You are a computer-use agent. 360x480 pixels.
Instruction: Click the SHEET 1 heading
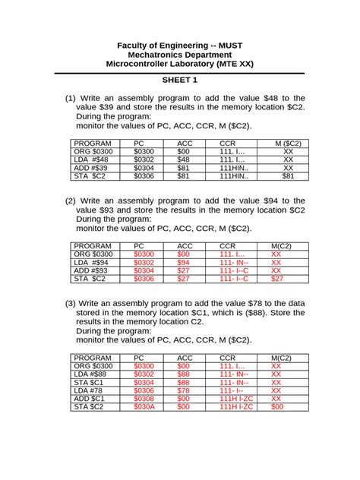[x=179, y=79]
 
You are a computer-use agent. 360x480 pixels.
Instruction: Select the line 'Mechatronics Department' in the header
[x=179, y=55]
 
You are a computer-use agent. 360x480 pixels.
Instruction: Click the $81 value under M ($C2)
[x=288, y=176]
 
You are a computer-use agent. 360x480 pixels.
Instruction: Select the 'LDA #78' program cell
[x=90, y=390]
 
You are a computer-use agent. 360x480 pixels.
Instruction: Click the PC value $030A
[x=144, y=407]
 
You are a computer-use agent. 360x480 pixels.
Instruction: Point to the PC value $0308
[x=144, y=399]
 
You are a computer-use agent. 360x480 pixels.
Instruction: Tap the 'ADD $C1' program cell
[x=90, y=399]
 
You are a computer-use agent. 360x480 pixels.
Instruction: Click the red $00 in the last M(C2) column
[x=276, y=407]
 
